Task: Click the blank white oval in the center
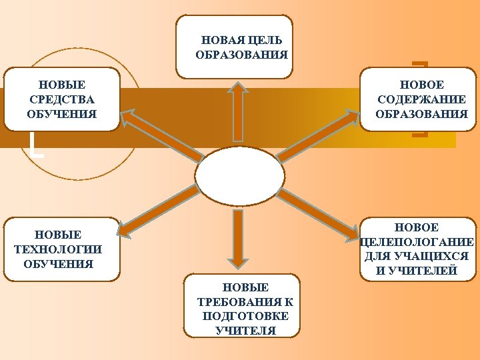(x=240, y=176)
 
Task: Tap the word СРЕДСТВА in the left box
(x=62, y=99)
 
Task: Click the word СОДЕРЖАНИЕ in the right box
(x=421, y=99)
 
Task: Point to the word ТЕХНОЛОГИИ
(x=58, y=249)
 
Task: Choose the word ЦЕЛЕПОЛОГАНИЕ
(x=417, y=242)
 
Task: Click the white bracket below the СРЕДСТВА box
(x=37, y=146)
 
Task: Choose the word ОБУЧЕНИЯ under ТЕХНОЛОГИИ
(x=58, y=263)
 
